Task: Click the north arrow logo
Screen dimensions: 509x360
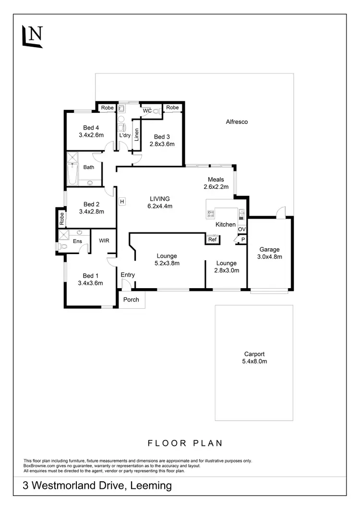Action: (x=33, y=35)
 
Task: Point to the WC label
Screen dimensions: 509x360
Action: (x=147, y=111)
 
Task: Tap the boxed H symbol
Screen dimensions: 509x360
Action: (x=122, y=201)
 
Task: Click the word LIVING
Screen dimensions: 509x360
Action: (x=160, y=198)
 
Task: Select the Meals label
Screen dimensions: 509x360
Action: (x=215, y=180)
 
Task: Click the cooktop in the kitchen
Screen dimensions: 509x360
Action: (x=211, y=213)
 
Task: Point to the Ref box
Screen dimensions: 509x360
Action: (x=212, y=239)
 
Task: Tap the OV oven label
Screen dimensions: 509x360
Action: (x=241, y=230)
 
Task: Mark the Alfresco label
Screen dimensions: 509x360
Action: (x=237, y=122)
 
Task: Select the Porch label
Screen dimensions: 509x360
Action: (x=131, y=300)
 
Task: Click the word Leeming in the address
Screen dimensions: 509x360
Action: (x=151, y=485)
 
